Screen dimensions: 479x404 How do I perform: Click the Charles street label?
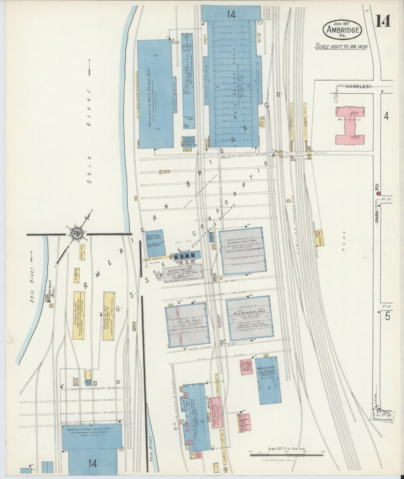(357, 86)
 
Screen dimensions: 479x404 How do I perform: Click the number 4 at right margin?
(386, 116)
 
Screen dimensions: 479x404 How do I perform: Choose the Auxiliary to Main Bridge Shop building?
(154, 94)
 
